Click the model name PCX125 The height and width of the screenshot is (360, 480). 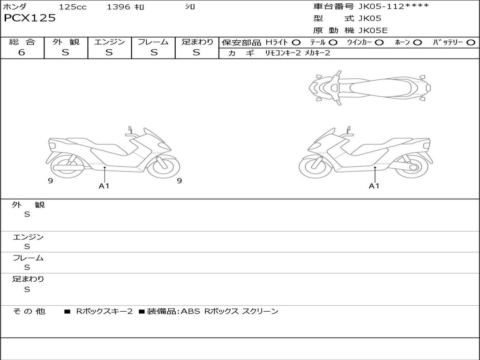coord(30,18)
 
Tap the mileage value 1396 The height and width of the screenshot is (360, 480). coord(119,7)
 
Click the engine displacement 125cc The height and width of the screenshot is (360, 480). coord(73,7)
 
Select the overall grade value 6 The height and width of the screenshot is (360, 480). coord(22,52)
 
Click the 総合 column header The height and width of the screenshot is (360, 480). coord(22,42)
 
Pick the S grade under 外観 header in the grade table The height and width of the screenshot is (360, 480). coord(66,52)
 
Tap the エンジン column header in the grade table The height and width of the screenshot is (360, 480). coord(109,42)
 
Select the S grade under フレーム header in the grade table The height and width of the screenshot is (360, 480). coord(154,52)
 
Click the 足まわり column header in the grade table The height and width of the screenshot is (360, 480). coord(197,42)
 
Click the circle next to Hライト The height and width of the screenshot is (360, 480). coord(296,43)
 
